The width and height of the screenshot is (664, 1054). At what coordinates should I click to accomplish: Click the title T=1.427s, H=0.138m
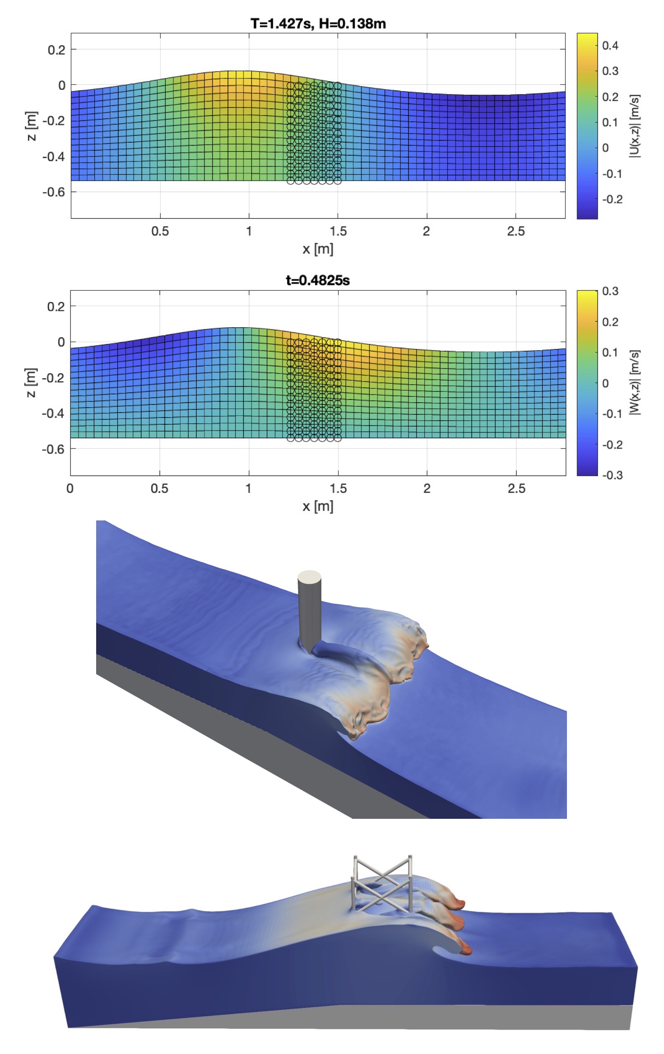point(318,23)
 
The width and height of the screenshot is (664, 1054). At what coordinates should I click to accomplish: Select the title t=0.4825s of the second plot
point(317,280)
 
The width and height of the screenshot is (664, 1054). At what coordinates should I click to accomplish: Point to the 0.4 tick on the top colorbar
point(610,45)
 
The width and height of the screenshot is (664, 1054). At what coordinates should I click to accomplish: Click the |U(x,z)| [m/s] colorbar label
point(635,126)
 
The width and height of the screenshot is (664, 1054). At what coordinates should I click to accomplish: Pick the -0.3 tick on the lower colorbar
point(612,475)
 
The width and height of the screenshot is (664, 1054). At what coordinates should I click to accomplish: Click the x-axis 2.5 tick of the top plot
point(515,232)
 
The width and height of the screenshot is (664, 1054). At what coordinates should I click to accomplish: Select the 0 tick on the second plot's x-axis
point(70,488)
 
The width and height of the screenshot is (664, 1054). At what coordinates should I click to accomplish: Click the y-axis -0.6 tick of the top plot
point(53,192)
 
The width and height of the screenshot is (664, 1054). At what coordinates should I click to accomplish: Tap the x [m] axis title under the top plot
point(318,249)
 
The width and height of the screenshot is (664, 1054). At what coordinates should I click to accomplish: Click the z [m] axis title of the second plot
point(31,383)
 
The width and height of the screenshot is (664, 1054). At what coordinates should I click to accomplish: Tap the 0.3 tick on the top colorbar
point(610,71)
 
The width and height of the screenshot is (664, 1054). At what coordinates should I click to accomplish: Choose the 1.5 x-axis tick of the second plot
point(338,488)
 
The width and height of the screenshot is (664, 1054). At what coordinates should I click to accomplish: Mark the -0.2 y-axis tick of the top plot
point(53,121)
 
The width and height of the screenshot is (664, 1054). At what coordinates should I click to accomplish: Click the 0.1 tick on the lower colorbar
point(610,352)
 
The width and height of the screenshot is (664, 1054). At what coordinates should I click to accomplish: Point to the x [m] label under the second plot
point(318,506)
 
